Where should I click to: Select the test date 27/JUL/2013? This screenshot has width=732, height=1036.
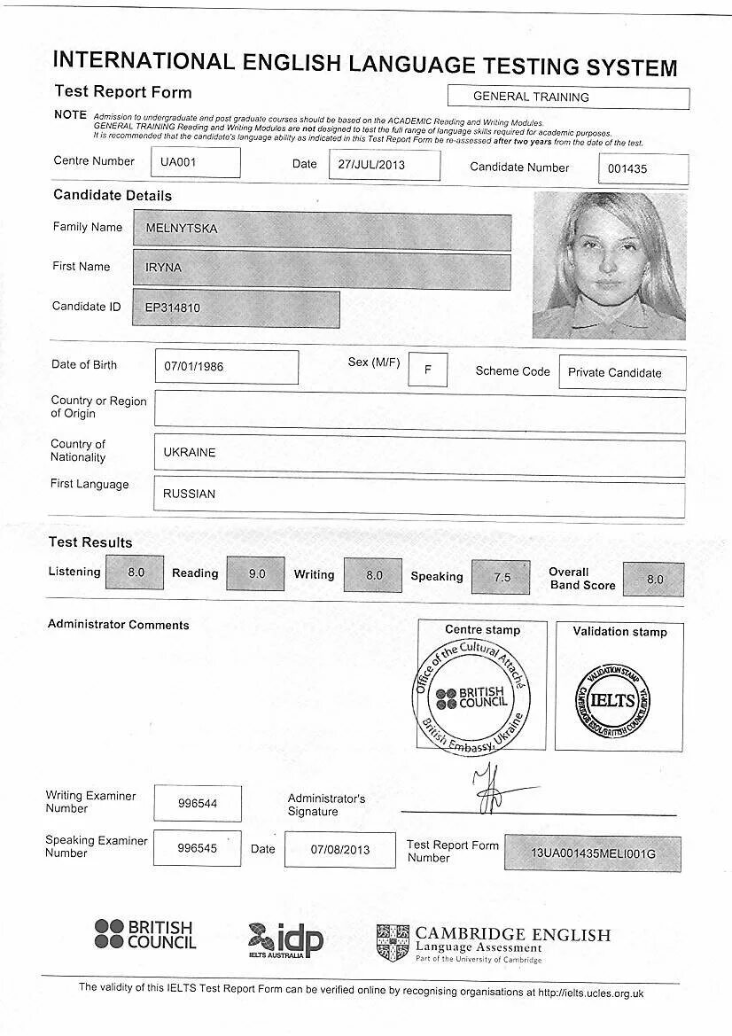point(384,165)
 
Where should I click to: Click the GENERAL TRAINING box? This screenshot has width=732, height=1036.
point(568,97)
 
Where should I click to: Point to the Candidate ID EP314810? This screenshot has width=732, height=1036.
point(236,308)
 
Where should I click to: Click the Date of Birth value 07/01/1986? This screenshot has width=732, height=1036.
point(226,366)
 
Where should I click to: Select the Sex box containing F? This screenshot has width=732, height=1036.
point(428,370)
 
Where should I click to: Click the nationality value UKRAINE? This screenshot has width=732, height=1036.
point(418,453)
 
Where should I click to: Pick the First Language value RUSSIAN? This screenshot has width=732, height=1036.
point(418,495)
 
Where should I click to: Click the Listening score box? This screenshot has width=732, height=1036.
point(135,573)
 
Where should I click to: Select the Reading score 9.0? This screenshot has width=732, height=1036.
point(256,574)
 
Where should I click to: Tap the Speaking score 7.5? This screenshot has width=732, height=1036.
point(502,577)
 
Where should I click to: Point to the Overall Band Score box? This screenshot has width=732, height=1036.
point(654,580)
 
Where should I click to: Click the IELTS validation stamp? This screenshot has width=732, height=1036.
point(612,700)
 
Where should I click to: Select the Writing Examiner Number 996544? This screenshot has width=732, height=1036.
point(197,804)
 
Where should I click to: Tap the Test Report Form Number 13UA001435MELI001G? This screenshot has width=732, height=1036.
point(593,853)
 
